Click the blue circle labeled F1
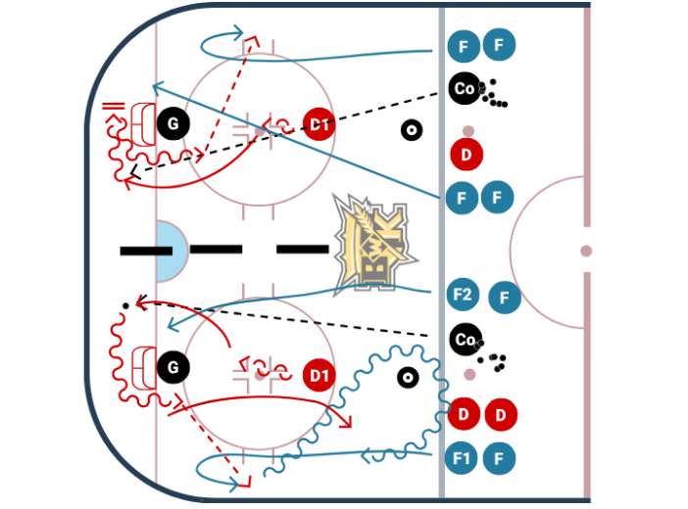pyautogui.click(x=462, y=457)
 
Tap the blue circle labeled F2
pyautogui.click(x=463, y=294)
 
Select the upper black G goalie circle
pyautogui.click(x=173, y=124)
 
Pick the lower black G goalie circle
pyautogui.click(x=173, y=367)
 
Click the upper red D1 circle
pyautogui.click(x=319, y=124)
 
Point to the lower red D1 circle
pyautogui.click(x=319, y=374)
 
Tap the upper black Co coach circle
pyautogui.click(x=465, y=89)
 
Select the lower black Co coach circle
pyautogui.click(x=465, y=340)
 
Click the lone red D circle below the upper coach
pyautogui.click(x=467, y=154)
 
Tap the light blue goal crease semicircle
pyautogui.click(x=169, y=251)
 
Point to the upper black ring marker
pyautogui.click(x=412, y=129)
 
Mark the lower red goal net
pyautogui.click(x=143, y=367)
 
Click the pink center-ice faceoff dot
pyautogui.click(x=585, y=252)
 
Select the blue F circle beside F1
pyautogui.click(x=500, y=457)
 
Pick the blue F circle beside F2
pyautogui.click(x=504, y=297)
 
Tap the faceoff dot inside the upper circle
pyautogui.click(x=260, y=130)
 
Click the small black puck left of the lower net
pyautogui.click(x=125, y=306)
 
